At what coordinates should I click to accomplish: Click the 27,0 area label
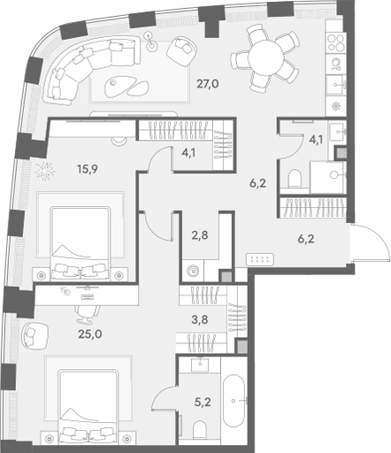[x=208, y=84]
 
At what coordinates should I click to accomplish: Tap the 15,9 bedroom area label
[x=88, y=169]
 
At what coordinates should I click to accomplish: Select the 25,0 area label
[x=90, y=334]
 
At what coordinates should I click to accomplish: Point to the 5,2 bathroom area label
[x=203, y=402]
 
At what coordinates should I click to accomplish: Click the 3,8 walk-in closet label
[x=200, y=319]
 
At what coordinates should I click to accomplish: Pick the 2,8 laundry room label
[x=200, y=235]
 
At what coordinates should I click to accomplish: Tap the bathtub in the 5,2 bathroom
[x=234, y=401]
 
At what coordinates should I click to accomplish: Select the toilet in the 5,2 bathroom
[x=200, y=430]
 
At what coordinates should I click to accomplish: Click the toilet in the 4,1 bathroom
[x=295, y=178]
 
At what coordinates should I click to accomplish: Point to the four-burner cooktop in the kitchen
[x=336, y=43]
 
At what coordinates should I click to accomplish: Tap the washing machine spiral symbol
[x=193, y=270]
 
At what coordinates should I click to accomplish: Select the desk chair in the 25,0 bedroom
[x=88, y=314]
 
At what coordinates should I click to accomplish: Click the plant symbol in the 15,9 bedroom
[x=45, y=172]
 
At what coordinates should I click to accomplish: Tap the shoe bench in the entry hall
[x=260, y=259]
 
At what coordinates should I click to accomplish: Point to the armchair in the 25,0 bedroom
[x=34, y=334]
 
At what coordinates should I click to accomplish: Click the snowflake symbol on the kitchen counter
[x=336, y=106]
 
